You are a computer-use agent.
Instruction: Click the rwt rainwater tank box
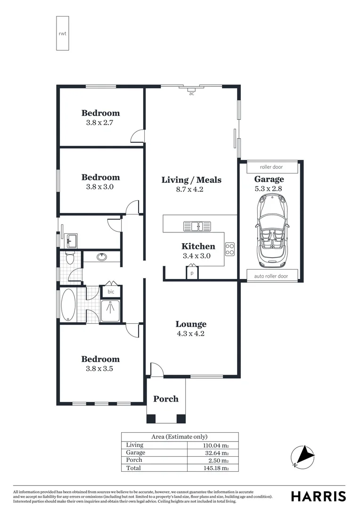(63, 33)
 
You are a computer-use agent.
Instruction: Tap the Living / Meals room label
(191, 180)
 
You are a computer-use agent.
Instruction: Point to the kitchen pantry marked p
(192, 273)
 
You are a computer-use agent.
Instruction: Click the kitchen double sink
(197, 227)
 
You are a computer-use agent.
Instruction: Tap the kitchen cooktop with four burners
(230, 249)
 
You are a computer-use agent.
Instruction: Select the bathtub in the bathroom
(68, 305)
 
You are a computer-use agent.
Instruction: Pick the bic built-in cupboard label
(111, 292)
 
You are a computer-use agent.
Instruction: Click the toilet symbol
(70, 258)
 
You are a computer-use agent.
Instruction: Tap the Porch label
(166, 399)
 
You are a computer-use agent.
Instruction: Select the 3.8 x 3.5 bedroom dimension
(99, 369)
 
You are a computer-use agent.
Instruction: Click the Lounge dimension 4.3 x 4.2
(191, 334)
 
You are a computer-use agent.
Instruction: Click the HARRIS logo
(318, 496)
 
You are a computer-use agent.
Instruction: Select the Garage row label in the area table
(136, 453)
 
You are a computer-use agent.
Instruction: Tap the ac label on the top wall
(191, 94)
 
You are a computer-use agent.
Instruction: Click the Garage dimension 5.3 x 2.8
(269, 189)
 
